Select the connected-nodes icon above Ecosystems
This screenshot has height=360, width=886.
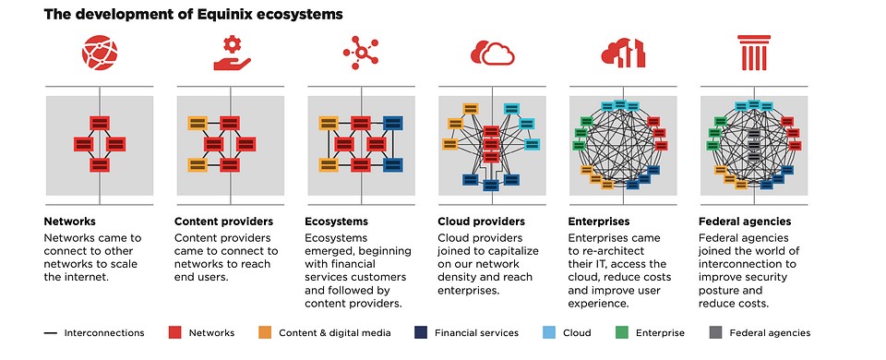[x=360, y=54]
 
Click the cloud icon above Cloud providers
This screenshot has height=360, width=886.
[x=491, y=54]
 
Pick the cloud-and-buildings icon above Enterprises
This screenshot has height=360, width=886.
[x=622, y=54]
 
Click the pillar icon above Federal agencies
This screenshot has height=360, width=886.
[x=752, y=54]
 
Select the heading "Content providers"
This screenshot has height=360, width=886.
[x=223, y=222]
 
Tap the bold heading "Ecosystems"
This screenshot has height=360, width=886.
[x=336, y=222]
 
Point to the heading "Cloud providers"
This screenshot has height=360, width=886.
[x=481, y=222]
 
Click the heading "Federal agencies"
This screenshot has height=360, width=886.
[x=746, y=222]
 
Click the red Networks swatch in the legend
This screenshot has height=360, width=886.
[x=174, y=332]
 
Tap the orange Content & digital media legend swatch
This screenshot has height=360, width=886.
[x=264, y=332]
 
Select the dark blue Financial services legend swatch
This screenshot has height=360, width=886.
[x=420, y=332]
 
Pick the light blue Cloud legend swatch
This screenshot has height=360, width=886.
[x=548, y=332]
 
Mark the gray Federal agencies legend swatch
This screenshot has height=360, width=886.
[x=713, y=332]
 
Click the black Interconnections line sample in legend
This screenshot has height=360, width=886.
[x=51, y=332]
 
